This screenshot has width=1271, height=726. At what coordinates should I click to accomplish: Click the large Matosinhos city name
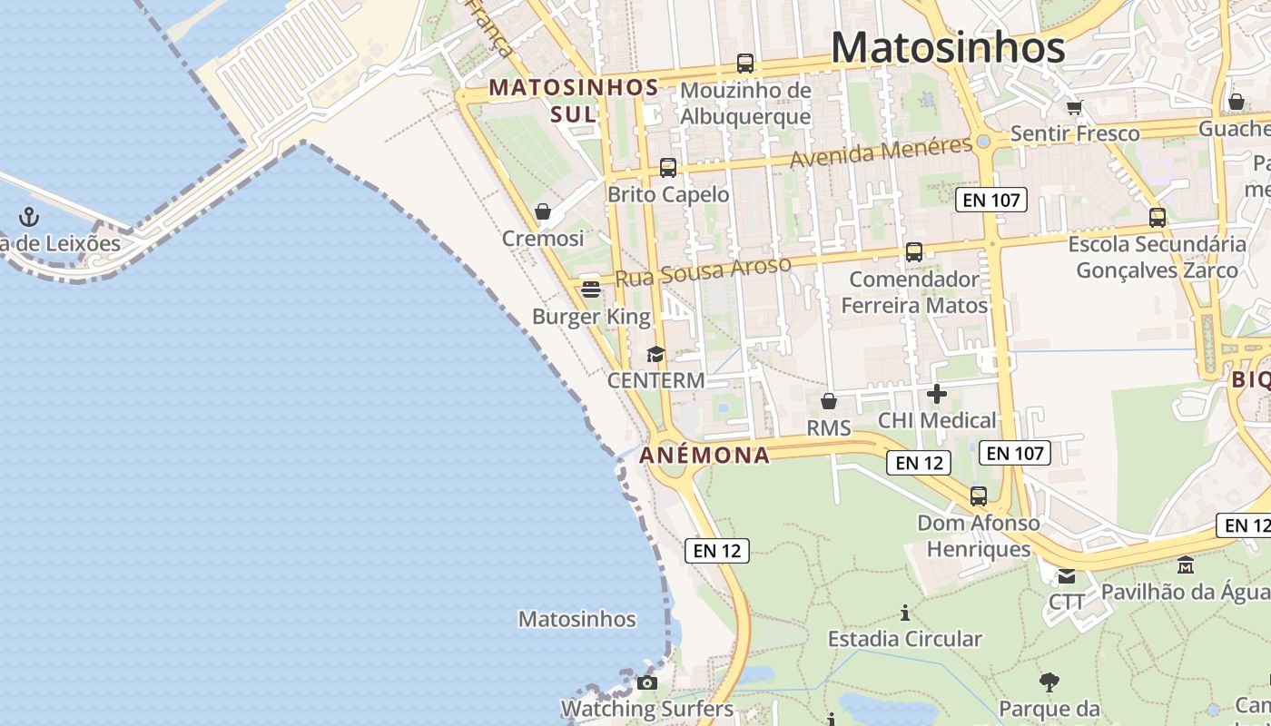[948, 47]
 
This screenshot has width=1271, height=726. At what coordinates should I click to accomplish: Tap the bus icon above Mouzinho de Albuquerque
[744, 64]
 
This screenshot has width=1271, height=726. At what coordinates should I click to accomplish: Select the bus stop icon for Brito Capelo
[668, 168]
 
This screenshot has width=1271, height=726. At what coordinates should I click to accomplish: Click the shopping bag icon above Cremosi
[543, 211]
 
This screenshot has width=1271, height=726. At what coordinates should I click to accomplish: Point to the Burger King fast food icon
[591, 289]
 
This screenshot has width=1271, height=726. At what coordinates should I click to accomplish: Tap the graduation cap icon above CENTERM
[655, 354]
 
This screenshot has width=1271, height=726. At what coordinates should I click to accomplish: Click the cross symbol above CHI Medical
[937, 394]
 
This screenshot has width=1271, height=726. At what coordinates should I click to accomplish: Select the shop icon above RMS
[828, 401]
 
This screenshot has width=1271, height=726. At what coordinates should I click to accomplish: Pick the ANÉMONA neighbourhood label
[705, 455]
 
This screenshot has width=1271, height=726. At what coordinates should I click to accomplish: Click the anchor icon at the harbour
[30, 217]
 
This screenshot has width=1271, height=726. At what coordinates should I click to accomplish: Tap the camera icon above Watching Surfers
[647, 682]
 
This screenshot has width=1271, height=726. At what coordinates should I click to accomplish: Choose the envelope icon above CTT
[1067, 576]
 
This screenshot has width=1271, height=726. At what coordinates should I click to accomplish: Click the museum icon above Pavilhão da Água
[1186, 565]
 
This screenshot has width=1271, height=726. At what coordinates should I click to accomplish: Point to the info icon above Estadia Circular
[904, 613]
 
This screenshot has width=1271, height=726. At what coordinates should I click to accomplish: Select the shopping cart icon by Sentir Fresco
[1075, 107]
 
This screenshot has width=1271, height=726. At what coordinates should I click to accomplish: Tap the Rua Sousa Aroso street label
[703, 271]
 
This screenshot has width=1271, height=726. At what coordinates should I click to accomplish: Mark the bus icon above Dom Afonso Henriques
[978, 496]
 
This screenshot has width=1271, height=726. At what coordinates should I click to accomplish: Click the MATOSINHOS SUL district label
[574, 100]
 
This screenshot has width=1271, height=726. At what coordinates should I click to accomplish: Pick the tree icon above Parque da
[1049, 682]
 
